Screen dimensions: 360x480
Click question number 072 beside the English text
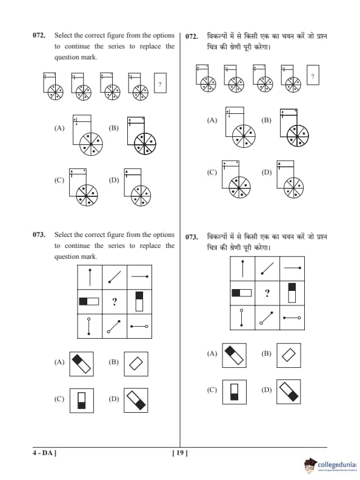point(39,35)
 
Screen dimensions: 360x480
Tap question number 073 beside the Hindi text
point(192,237)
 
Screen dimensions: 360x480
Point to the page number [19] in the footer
point(180,453)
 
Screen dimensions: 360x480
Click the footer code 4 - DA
point(44,453)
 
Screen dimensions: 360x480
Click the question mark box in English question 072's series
point(160,83)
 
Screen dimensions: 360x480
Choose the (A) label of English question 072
point(59,128)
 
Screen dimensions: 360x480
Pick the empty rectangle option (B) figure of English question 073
point(136,364)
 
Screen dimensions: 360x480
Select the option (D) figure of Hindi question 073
point(288,392)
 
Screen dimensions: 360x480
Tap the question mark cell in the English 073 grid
point(115,302)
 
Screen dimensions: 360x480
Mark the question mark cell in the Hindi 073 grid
point(267,293)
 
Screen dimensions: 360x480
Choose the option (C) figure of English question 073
point(82,401)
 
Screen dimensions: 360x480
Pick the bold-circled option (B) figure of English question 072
point(142,136)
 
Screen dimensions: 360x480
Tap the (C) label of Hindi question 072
point(212,172)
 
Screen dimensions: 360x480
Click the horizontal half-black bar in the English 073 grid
point(89,302)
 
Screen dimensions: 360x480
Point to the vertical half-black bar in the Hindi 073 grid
point(292,293)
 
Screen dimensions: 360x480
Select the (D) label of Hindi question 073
point(267,390)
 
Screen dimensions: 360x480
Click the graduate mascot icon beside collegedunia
point(310,465)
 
